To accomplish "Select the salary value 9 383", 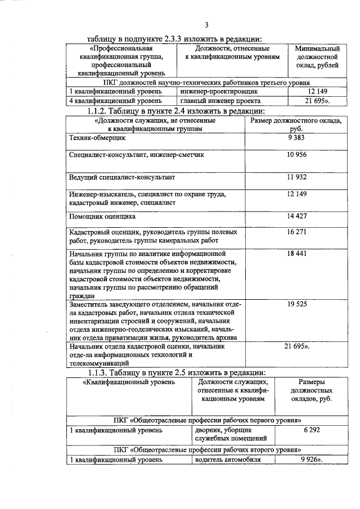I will (x=298, y=137).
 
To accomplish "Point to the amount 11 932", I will (x=298, y=177).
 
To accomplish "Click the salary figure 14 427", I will (x=298, y=216).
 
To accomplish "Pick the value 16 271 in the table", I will (x=298, y=231).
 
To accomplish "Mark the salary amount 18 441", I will (x=298, y=254).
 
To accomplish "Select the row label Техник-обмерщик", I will (x=97, y=137).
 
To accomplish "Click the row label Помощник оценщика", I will (x=102, y=216).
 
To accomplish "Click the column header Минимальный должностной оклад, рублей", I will (x=317, y=57).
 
